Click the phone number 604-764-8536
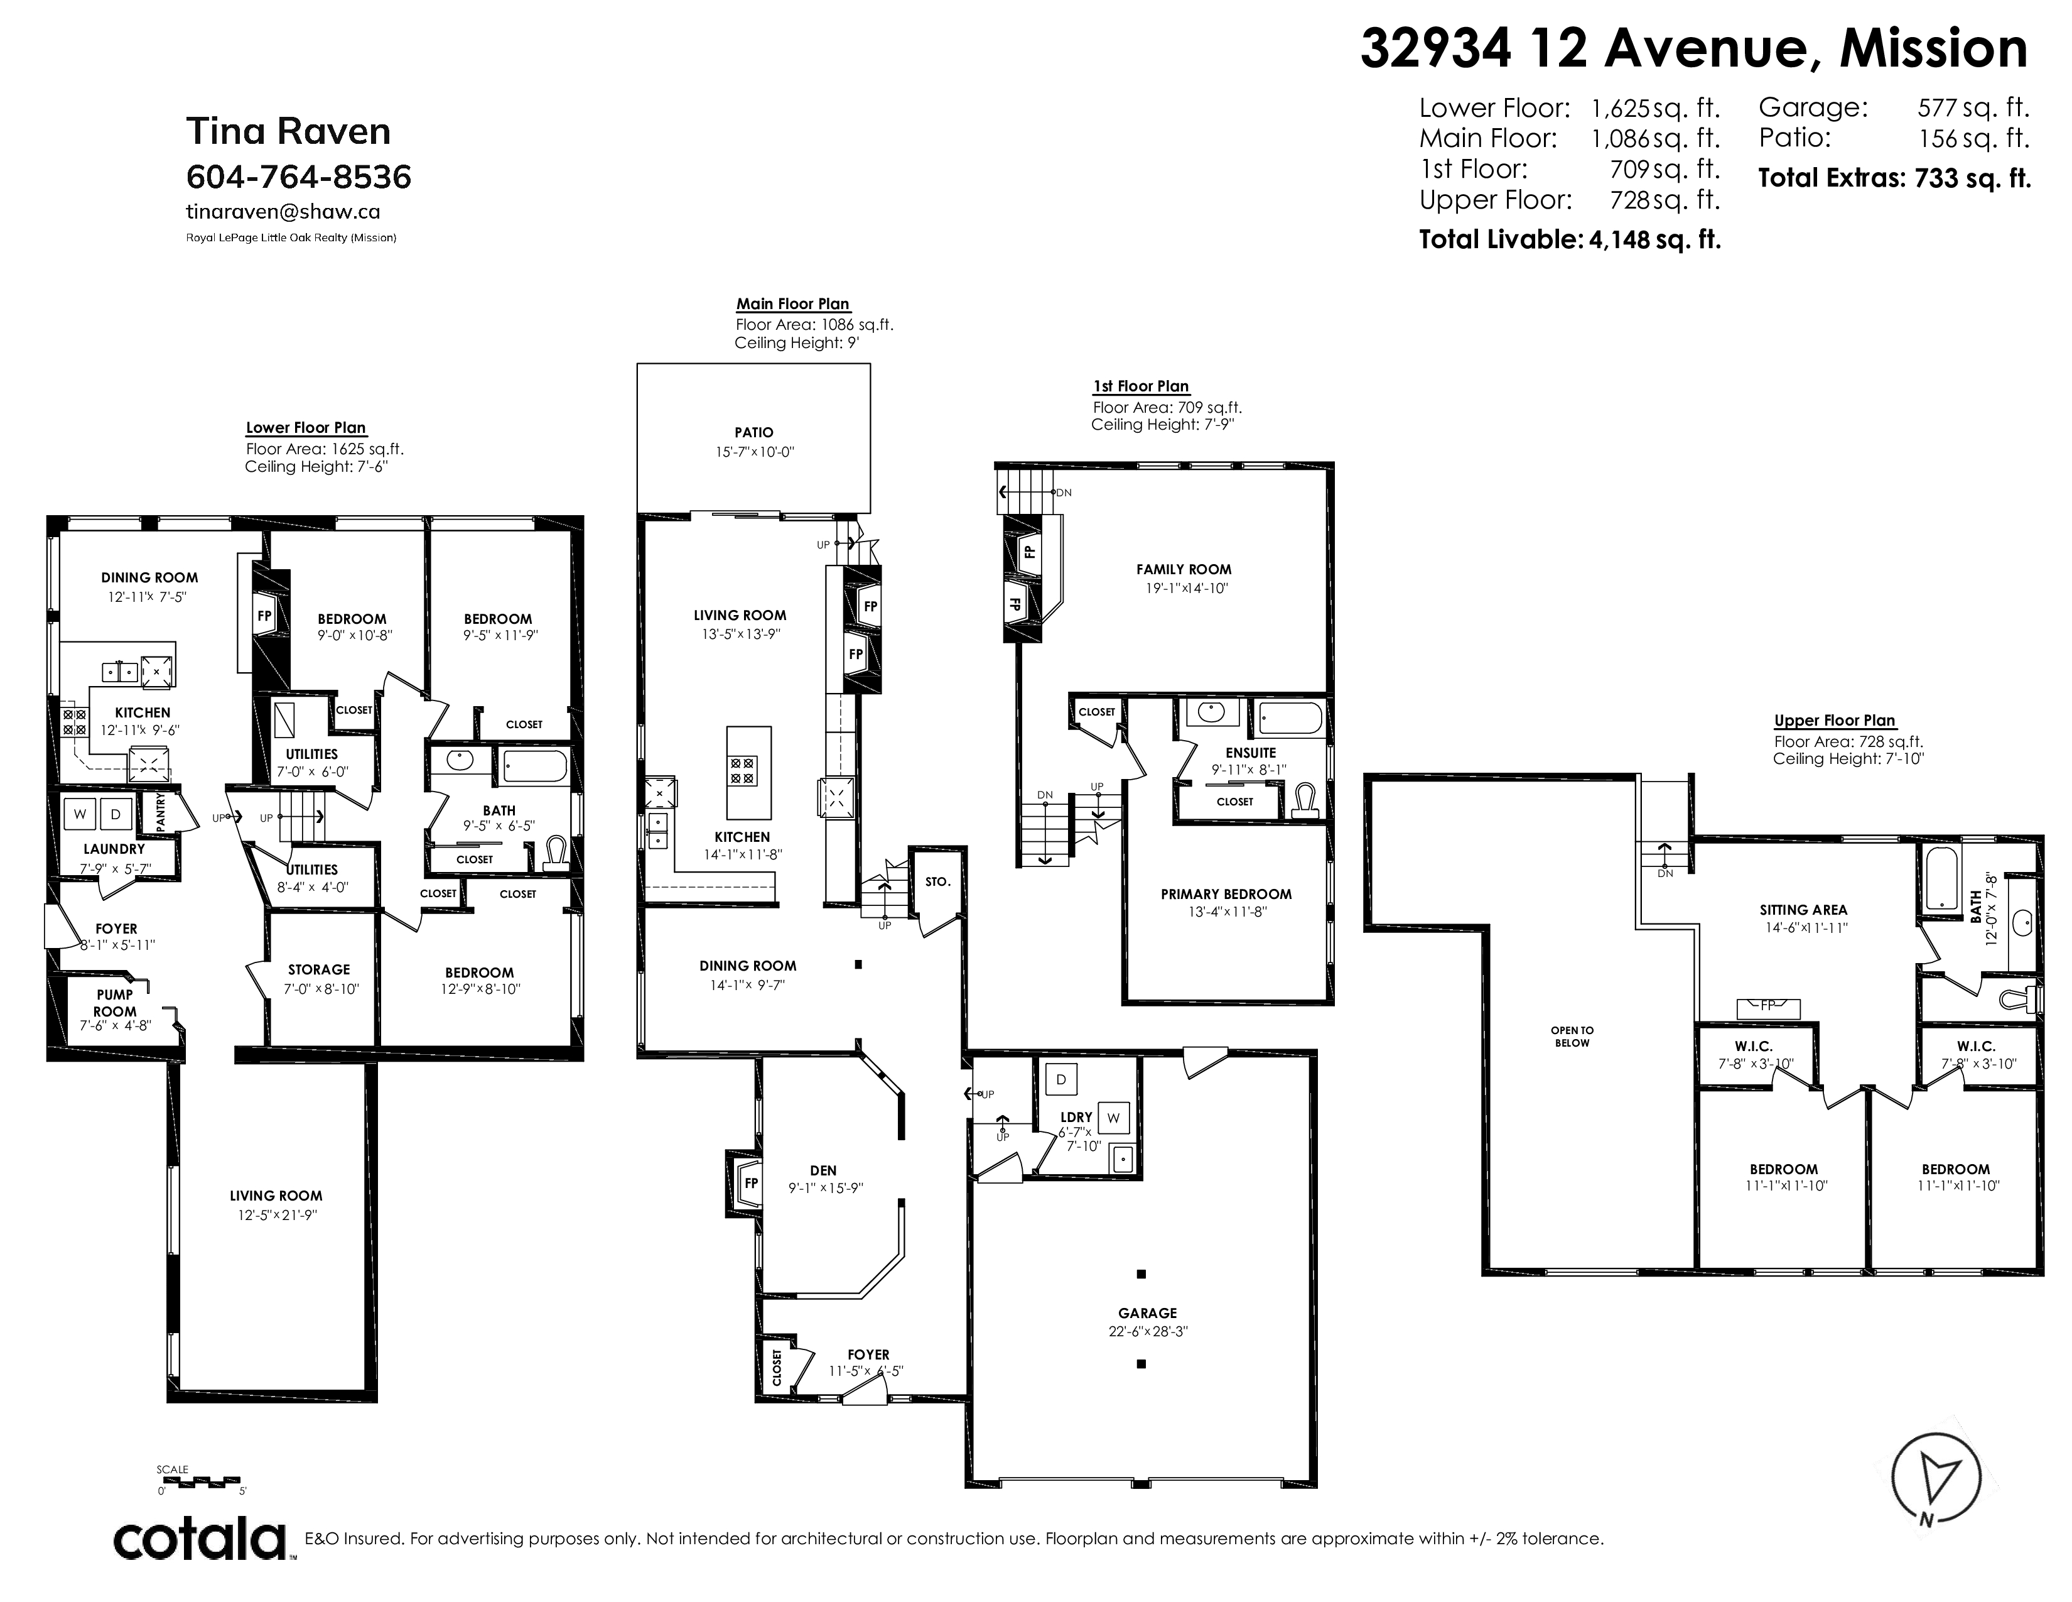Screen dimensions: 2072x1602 point(299,177)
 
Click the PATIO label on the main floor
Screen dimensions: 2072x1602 point(753,433)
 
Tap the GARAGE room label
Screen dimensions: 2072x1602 point(1147,1314)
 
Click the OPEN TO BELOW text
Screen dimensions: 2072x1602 point(1572,1037)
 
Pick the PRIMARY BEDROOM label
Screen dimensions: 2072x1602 point(1226,894)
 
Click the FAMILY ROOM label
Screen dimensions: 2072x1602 point(1184,569)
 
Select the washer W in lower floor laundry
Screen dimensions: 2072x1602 point(80,814)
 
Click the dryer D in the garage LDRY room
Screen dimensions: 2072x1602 point(1060,1079)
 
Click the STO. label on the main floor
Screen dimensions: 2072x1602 point(937,881)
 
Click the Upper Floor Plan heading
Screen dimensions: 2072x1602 point(1835,721)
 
